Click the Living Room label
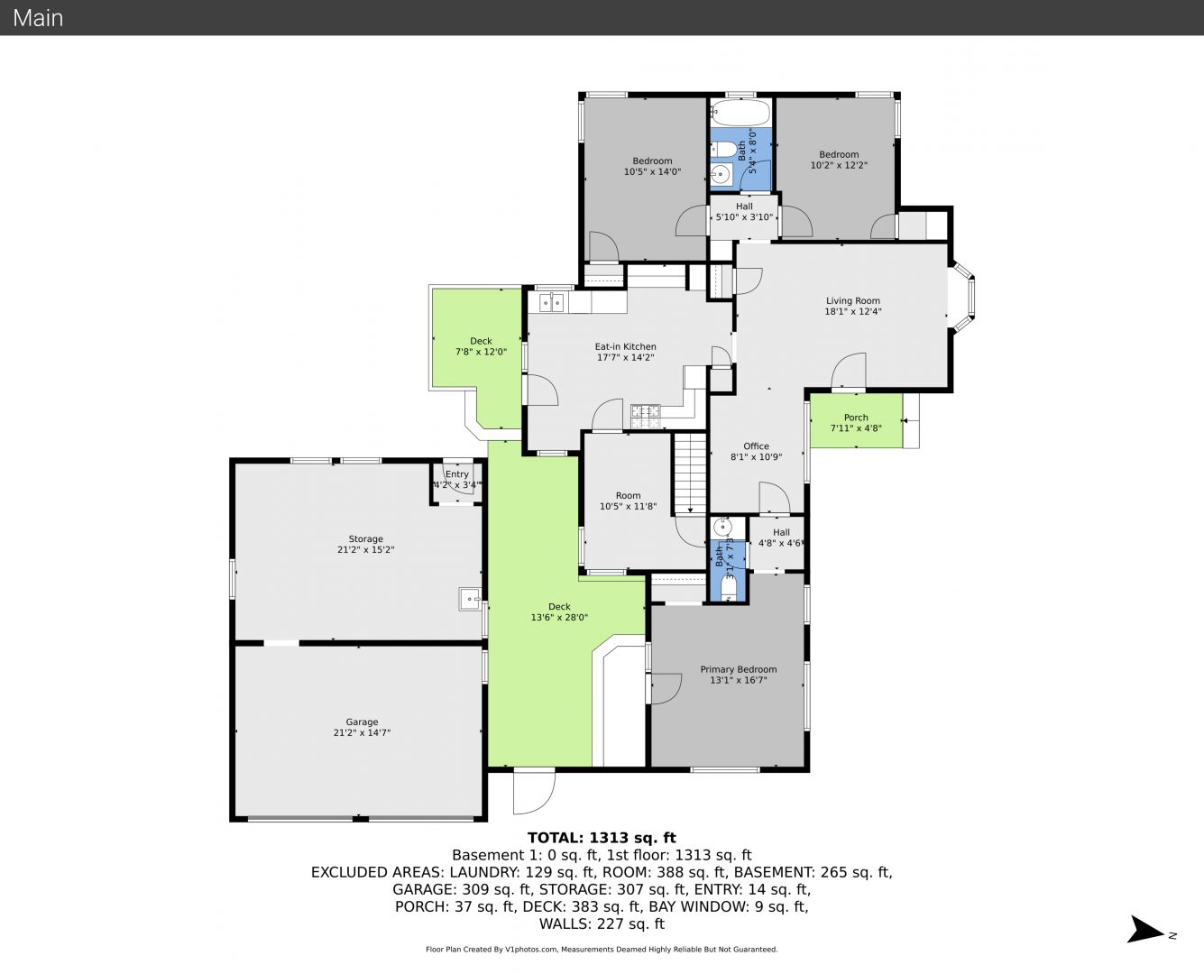[x=853, y=300]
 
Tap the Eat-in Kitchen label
[x=625, y=346]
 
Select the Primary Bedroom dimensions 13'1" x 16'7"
[x=739, y=680]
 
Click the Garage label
[x=362, y=721]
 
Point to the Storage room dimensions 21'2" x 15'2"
[x=366, y=549]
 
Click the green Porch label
[x=856, y=418]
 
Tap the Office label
[x=757, y=446]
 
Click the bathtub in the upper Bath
[x=740, y=113]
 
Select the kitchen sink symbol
[x=552, y=302]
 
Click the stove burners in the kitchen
[x=646, y=417]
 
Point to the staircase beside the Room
[x=690, y=473]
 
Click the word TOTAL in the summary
[x=555, y=838]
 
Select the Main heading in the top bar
[x=38, y=18]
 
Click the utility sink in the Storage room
[x=470, y=599]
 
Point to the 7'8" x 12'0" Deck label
[x=481, y=346]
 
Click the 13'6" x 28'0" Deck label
[x=559, y=611]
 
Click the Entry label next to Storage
[x=456, y=474]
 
